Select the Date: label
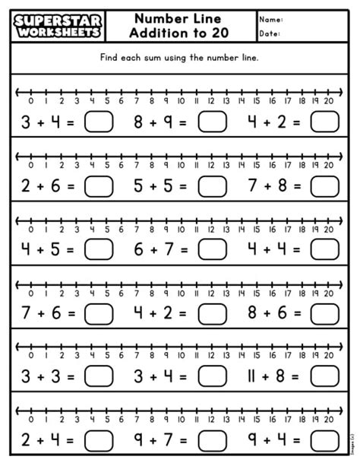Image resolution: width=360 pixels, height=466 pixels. [x=270, y=34]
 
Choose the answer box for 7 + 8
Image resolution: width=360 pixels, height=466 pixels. [x=325, y=186]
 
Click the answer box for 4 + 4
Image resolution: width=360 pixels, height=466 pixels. [x=325, y=250]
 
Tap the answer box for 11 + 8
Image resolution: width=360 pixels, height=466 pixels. [x=325, y=376]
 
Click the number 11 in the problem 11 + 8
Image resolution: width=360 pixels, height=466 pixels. [x=254, y=376]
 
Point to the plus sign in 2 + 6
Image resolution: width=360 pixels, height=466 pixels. [x=43, y=186]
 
